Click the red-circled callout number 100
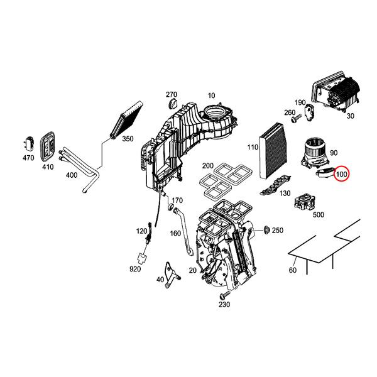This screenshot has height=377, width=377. tap(342, 173)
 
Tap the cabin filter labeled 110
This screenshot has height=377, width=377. tap(274, 153)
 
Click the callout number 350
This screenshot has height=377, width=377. tap(128, 138)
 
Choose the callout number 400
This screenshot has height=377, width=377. tap(72, 174)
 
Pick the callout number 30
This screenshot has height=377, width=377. tap(350, 116)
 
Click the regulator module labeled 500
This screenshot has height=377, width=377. tap(304, 202)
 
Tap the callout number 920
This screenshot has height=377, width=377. tap(135, 269)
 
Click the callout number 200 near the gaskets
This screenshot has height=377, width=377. tap(207, 166)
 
